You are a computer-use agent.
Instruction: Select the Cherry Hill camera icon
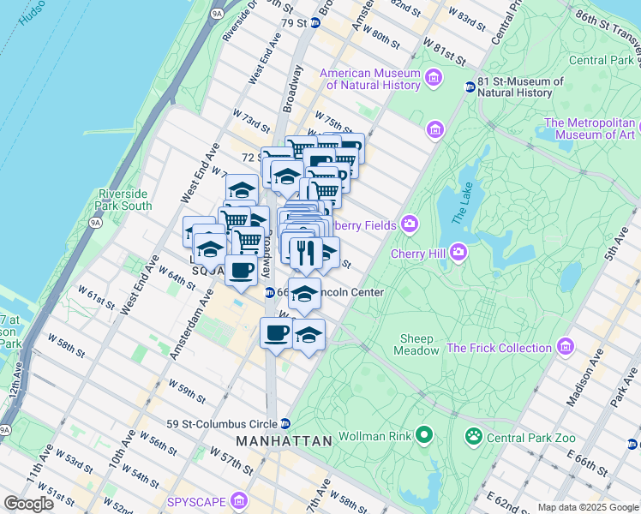pyautogui.click(x=458, y=252)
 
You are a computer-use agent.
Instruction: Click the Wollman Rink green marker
pyautogui.click(x=423, y=436)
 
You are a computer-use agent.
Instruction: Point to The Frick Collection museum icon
pyautogui.click(x=565, y=347)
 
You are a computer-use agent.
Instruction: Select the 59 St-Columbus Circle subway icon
pyautogui.click(x=285, y=424)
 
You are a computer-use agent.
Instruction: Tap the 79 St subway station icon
pyautogui.click(x=315, y=23)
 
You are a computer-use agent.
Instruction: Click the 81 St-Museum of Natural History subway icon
pyautogui.click(x=470, y=87)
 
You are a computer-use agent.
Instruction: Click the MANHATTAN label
pyautogui.click(x=284, y=441)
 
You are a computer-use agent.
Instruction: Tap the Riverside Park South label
pyautogui.click(x=125, y=200)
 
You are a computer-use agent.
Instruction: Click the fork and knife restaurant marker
pyautogui.click(x=303, y=251)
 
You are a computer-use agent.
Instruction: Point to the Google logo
pyautogui.click(x=28, y=504)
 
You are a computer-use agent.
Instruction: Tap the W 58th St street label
pyautogui.click(x=67, y=347)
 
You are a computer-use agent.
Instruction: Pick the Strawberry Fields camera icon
pyautogui.click(x=409, y=224)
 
